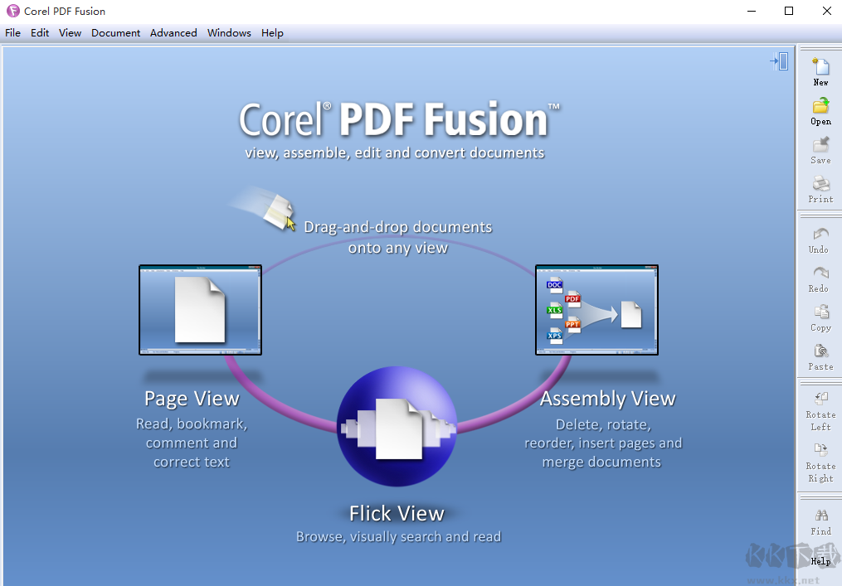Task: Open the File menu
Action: [12, 33]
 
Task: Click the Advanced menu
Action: [173, 33]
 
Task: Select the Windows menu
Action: [229, 33]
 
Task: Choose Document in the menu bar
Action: [115, 33]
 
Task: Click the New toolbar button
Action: [820, 70]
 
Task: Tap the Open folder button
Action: [820, 109]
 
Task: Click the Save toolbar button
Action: [820, 148]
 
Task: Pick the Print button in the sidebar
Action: [820, 187]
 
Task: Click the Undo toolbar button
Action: [820, 238]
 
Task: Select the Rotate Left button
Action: [820, 409]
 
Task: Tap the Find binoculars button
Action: [820, 520]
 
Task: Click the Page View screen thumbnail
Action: [200, 310]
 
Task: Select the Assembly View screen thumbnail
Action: [596, 310]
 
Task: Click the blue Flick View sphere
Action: [397, 426]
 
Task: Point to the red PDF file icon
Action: [572, 299]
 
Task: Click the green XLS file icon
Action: [555, 311]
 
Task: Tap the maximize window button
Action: [789, 11]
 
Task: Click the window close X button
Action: [826, 11]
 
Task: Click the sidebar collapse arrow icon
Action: [779, 61]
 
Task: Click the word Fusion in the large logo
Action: [486, 120]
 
